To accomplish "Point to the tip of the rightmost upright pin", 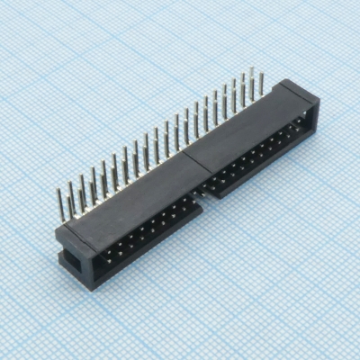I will (263, 75).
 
